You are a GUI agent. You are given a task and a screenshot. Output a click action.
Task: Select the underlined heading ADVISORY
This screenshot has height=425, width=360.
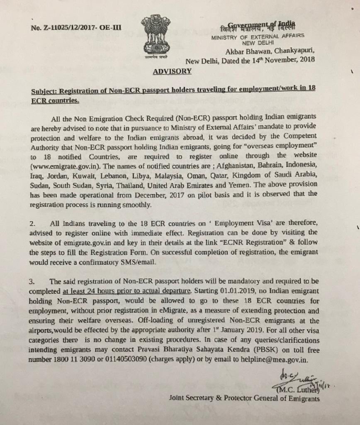172,71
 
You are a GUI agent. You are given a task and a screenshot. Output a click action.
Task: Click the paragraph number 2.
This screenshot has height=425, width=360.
32,224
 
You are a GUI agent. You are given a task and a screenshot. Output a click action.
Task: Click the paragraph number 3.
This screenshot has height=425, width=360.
32,281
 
